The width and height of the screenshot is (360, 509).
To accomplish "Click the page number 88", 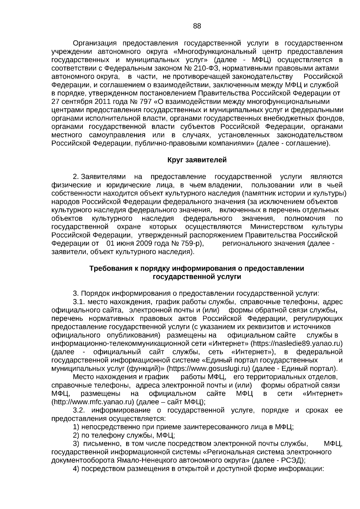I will click(197, 26).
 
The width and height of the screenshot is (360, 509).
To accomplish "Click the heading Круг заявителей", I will click(197, 160).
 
